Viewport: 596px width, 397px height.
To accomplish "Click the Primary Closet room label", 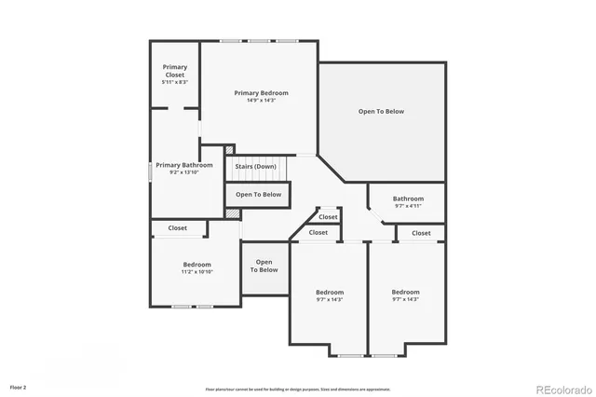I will coord(175,71).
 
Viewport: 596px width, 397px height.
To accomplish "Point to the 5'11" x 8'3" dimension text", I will coord(175,83).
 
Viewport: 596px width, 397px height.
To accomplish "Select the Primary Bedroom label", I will coord(261,93).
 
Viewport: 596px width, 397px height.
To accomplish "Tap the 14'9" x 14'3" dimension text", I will coord(261,101).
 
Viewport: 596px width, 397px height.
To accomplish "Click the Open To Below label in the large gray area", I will coord(381,111).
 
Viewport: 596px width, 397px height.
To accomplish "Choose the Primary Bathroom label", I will coord(183,165).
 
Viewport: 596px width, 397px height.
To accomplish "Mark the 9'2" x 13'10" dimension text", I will coord(183,172).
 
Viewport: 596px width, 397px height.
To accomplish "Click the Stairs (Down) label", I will coord(255,167).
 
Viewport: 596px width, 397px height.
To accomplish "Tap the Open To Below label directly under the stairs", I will coord(258,195).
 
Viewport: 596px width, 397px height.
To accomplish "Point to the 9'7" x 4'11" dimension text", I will coord(408,206).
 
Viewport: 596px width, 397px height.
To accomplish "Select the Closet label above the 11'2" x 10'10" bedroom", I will coord(177,228).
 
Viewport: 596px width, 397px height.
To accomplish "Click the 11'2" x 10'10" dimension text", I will coord(196,272).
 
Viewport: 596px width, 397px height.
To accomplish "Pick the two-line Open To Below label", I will coord(264,266).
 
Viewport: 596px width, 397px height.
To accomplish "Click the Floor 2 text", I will coord(19,386).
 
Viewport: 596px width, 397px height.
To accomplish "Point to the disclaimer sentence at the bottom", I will coord(298,390).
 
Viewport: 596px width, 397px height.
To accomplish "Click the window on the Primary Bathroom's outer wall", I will coord(151,172).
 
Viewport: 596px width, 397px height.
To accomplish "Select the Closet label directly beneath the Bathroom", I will coord(421,233).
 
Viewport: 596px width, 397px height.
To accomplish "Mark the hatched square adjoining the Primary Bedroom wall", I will coord(230,148).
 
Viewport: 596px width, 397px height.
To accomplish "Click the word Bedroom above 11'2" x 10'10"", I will coord(196,265).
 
